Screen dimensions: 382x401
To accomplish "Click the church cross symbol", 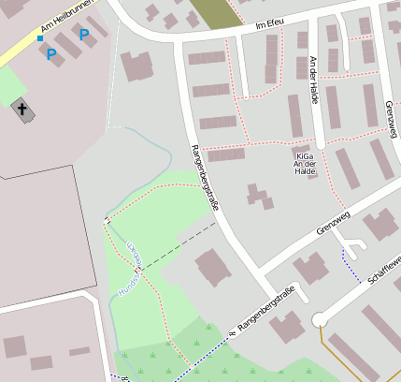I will click(x=21, y=109).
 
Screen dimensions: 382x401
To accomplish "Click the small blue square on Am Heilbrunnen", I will click(x=39, y=38).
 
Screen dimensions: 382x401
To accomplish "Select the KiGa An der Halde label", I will click(x=304, y=164).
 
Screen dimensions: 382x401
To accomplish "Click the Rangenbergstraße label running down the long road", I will click(x=203, y=176).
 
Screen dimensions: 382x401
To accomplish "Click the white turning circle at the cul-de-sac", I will click(x=319, y=320).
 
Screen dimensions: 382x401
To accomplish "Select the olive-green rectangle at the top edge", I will click(x=213, y=14).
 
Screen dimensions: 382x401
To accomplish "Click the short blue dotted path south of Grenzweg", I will click(x=351, y=266).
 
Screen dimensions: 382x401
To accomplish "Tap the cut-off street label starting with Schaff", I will click(x=384, y=269).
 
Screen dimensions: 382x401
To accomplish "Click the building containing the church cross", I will click(x=22, y=110).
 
